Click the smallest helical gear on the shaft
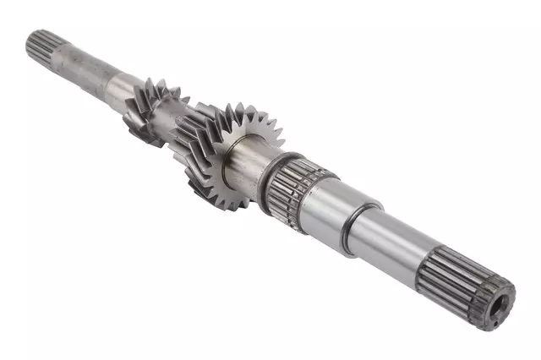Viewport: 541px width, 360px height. pos(148,106)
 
